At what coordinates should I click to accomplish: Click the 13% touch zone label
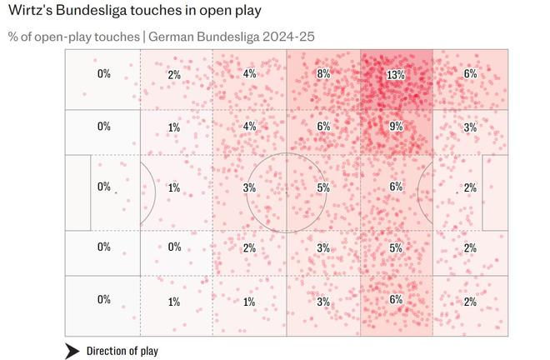(396, 74)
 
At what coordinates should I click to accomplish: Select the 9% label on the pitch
(396, 127)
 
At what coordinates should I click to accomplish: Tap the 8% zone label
(323, 74)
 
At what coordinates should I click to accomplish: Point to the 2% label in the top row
(174, 74)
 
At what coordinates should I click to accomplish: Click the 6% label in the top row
(470, 74)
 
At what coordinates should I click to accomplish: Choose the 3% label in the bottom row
(323, 301)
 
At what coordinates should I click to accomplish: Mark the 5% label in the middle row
(323, 187)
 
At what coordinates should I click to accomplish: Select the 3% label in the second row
(470, 127)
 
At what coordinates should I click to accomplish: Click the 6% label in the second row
(323, 127)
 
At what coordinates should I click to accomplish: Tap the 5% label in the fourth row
(396, 247)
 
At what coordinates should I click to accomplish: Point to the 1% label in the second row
(174, 127)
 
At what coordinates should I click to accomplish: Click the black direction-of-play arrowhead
(72, 351)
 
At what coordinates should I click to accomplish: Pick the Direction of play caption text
(122, 351)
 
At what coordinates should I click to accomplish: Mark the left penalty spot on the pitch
(116, 192)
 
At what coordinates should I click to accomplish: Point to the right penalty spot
(457, 192)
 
